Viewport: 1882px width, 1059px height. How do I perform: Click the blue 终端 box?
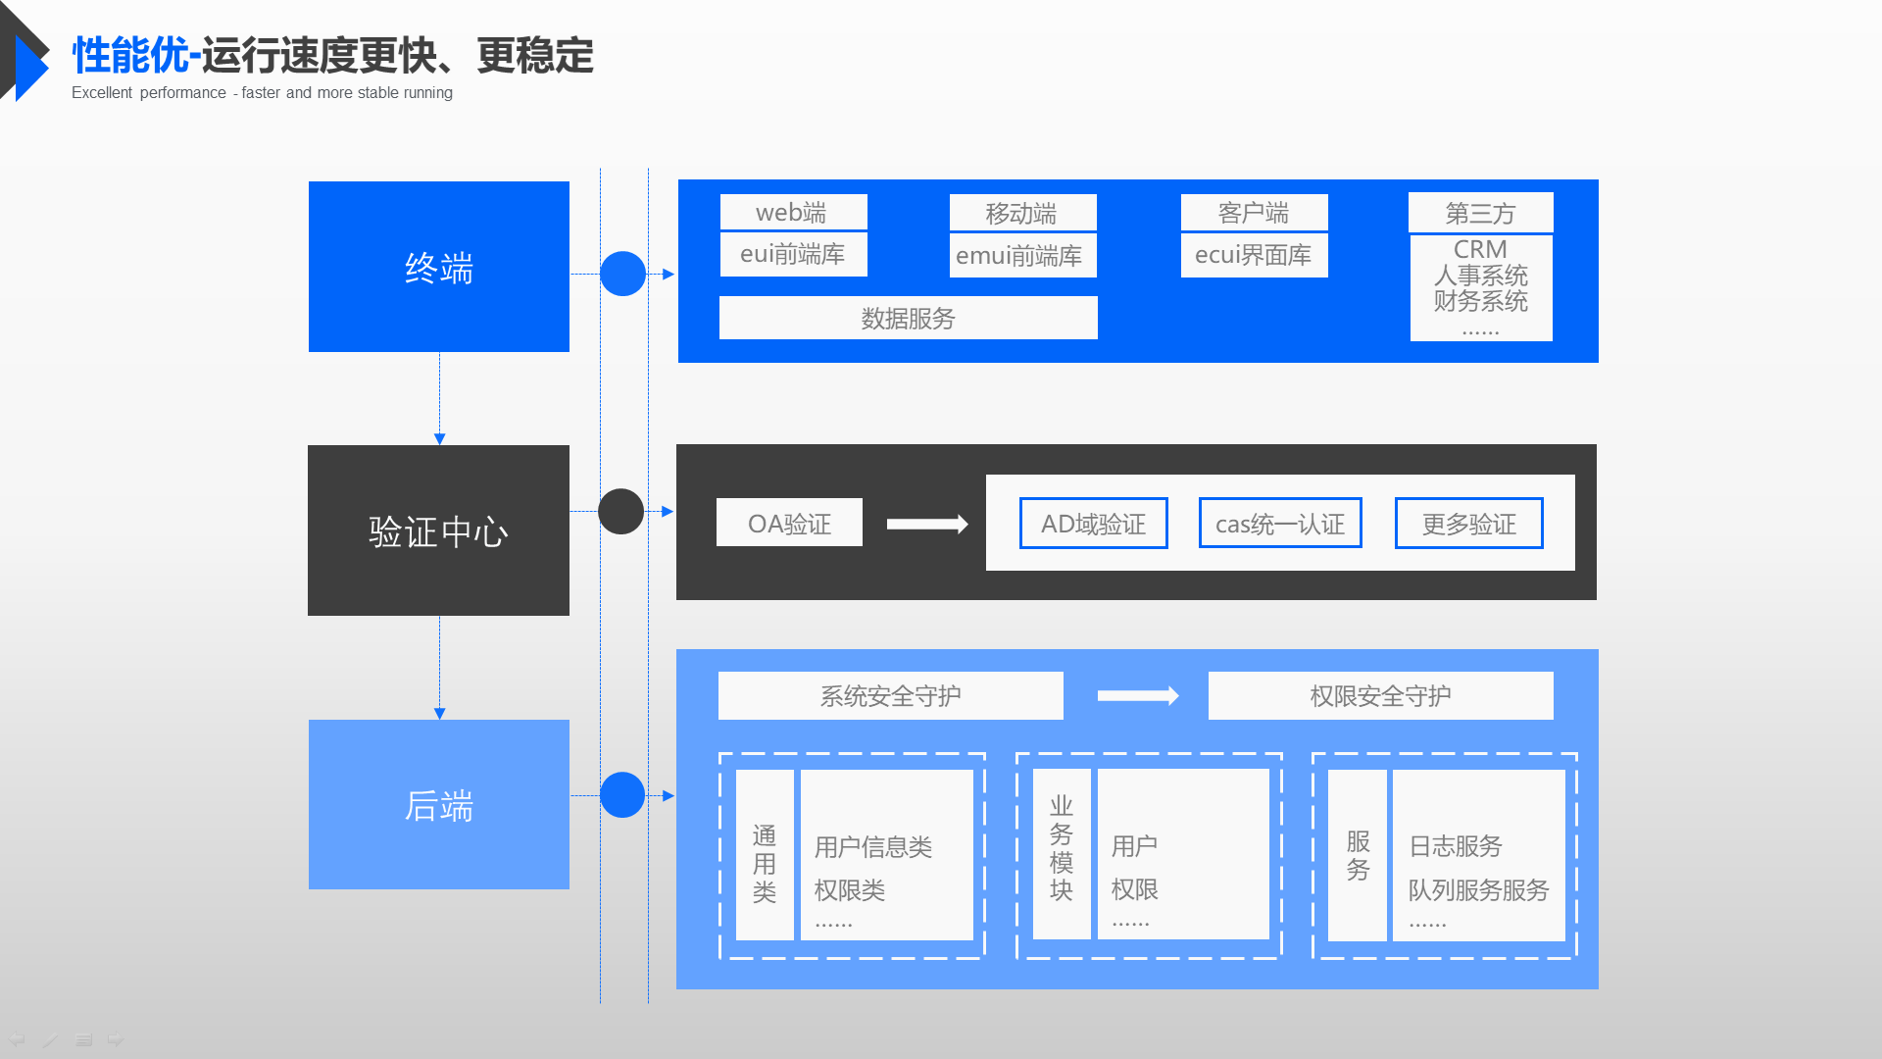(438, 267)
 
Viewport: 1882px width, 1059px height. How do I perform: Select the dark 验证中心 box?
(438, 530)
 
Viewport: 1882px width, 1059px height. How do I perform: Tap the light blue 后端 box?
(438, 805)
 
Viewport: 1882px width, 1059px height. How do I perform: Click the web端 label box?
(793, 212)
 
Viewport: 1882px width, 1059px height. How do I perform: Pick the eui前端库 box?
(793, 255)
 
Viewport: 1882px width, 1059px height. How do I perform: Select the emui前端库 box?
(1022, 256)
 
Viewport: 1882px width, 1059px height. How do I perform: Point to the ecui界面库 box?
(1254, 255)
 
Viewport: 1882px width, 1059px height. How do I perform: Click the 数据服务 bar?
(908, 319)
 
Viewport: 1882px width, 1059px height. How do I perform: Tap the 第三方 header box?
(1480, 213)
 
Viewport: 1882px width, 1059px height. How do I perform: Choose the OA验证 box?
(789, 523)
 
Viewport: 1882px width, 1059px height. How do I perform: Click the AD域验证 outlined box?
(1093, 524)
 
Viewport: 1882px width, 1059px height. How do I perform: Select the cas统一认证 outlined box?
(1280, 524)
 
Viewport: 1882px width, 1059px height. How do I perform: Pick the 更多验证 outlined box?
(1468, 524)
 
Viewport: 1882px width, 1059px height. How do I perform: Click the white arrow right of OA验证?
(927, 525)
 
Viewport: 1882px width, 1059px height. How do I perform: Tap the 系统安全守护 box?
(890, 696)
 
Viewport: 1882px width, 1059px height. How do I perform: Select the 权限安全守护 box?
(1380, 696)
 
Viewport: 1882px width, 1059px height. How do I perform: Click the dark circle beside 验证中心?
(621, 512)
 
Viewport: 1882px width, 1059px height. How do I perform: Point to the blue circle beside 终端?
(622, 274)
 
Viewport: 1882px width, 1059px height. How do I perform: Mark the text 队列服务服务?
(1478, 890)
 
